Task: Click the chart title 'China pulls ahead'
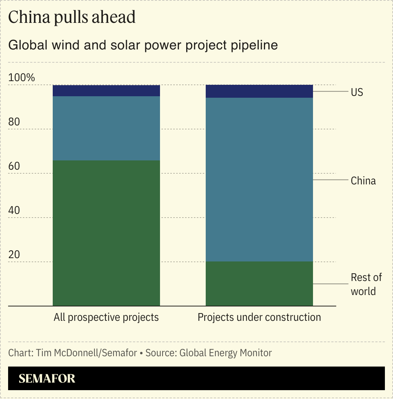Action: (72, 17)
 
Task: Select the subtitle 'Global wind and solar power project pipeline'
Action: (143, 45)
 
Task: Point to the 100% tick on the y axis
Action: (22, 78)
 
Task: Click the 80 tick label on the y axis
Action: (14, 122)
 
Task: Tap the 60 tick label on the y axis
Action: (14, 166)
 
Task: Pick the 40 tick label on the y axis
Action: (14, 211)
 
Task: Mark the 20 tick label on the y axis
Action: (14, 255)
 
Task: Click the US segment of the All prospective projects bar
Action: (106, 91)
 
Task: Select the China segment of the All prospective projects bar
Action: (106, 128)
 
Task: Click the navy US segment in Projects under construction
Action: (259, 91)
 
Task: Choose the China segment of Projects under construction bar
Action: (259, 180)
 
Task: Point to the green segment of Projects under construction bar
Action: (259, 284)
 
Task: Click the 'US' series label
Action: (357, 92)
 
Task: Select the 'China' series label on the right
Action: (363, 181)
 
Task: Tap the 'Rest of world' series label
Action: (366, 284)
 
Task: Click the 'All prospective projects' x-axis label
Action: (106, 317)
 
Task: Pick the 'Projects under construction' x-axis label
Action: (259, 317)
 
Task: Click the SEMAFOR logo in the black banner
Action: (47, 378)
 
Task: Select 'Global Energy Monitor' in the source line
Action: (226, 353)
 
